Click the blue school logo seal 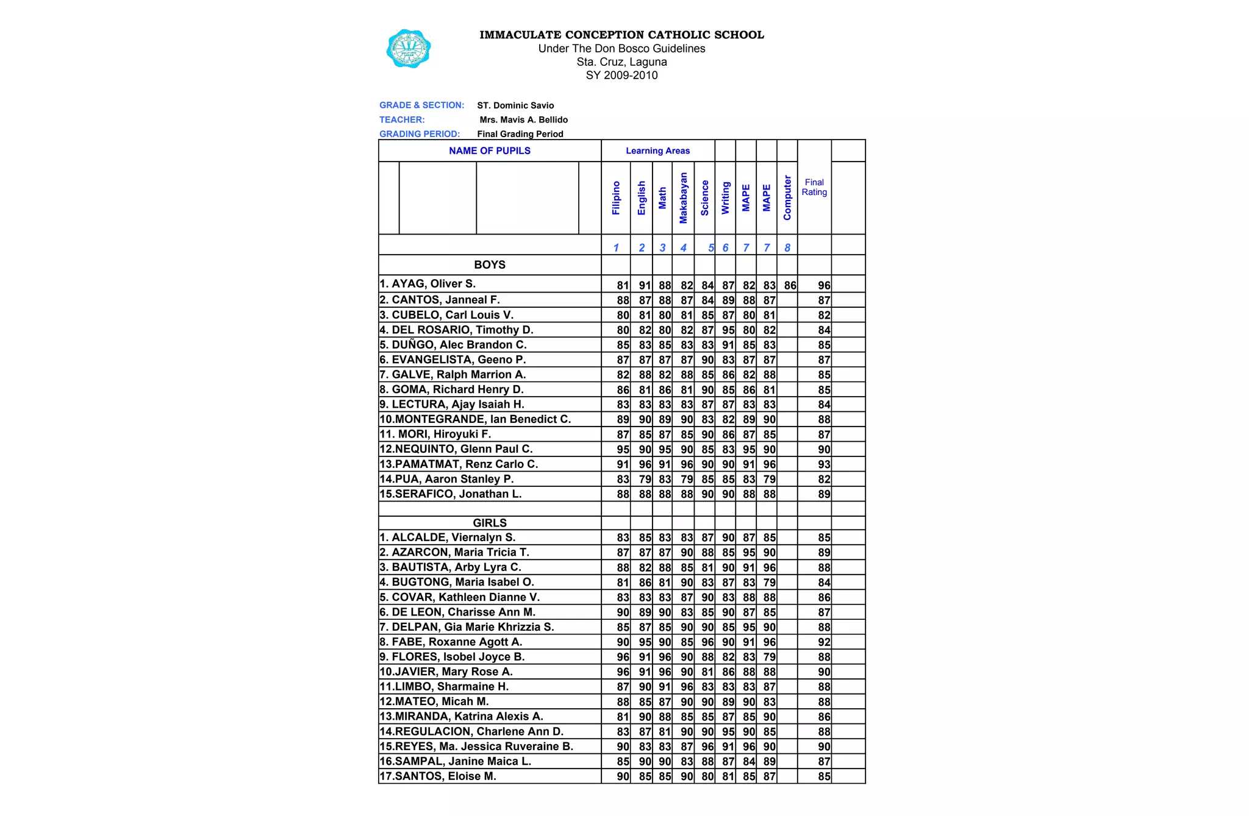[x=409, y=49]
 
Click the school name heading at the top [x=621, y=35]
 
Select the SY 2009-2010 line [x=621, y=76]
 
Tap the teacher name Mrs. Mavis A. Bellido [x=523, y=120]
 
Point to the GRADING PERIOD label [x=420, y=134]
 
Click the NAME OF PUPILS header [x=489, y=151]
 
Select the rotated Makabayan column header [x=683, y=198]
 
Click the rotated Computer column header [x=787, y=198]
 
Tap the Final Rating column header [x=814, y=187]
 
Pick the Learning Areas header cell [x=657, y=151]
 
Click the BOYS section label [x=489, y=264]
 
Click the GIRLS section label [x=489, y=523]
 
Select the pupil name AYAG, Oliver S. [x=428, y=284]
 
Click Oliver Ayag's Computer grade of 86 [x=790, y=285]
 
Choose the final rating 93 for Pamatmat [x=823, y=464]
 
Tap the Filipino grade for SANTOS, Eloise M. [x=623, y=776]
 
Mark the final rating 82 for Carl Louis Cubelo [x=823, y=315]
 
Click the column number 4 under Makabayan [x=683, y=247]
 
